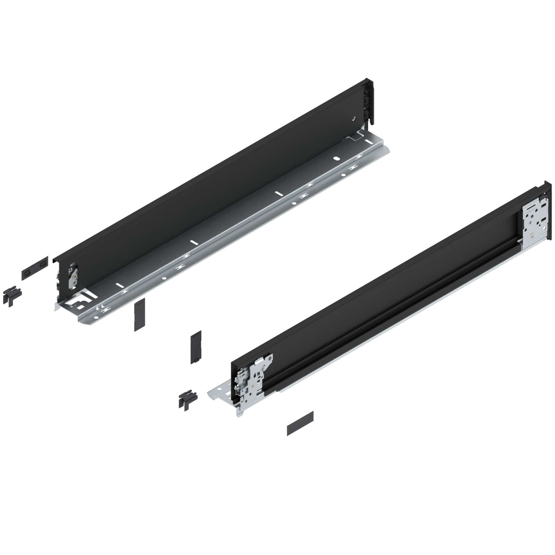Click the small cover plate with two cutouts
35,267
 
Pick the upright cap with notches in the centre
196,347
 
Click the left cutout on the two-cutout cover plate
27,271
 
